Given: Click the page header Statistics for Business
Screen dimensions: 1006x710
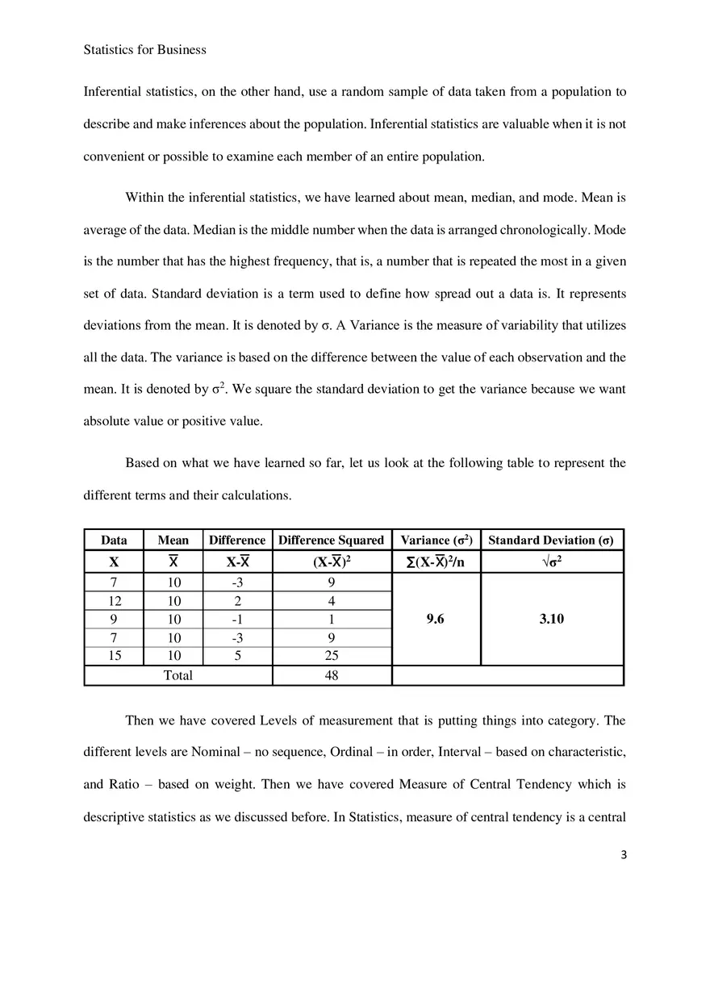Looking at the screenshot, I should click(144, 50).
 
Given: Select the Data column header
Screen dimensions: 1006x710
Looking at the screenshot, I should click(114, 540).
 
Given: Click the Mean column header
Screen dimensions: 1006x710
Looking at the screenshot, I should click(173, 540).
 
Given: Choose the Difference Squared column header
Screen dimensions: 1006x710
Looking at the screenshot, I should click(331, 540).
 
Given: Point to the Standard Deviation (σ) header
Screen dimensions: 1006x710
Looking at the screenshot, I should click(551, 540).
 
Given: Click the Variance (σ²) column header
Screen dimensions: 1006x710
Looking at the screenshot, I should click(436, 540).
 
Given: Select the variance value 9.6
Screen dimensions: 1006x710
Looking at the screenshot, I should click(435, 619).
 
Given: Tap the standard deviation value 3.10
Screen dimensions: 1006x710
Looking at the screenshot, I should click(551, 619).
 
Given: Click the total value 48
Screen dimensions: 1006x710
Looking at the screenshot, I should click(331, 675).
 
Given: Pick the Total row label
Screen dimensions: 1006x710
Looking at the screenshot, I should click(177, 675).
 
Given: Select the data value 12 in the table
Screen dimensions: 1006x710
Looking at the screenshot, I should click(114, 601).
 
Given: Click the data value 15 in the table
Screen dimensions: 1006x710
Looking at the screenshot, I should click(114, 656).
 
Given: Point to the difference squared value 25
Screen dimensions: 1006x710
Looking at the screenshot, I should click(331, 656).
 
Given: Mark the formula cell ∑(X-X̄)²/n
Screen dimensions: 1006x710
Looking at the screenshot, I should click(435, 562).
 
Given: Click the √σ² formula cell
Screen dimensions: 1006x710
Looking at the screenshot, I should click(551, 562).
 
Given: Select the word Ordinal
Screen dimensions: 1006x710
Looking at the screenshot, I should click(354, 752).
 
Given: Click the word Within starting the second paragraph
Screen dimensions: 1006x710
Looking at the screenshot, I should click(144, 198).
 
